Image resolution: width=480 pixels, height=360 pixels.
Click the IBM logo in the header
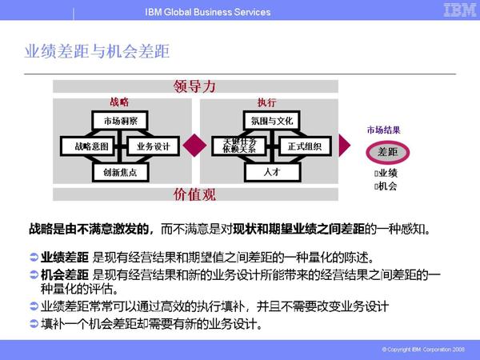coord(458,10)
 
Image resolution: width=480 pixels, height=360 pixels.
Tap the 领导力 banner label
coord(194,86)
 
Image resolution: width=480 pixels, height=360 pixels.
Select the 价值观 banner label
coord(194,194)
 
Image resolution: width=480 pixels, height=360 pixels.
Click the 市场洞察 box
coord(121,121)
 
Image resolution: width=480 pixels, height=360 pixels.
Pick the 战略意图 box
coord(89,146)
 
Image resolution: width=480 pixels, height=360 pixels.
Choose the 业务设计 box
coord(153,146)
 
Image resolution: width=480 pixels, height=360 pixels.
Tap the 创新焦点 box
coord(121,171)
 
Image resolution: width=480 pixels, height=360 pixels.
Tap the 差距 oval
coord(387,151)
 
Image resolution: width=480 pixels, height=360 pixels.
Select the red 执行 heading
coord(266,102)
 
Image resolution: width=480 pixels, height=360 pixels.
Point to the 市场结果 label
coord(383,130)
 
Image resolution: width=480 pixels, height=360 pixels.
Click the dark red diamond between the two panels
coord(193,146)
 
